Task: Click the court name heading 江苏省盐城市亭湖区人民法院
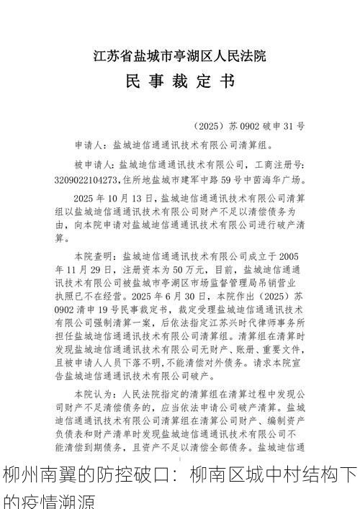[x=180, y=55]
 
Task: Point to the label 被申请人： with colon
[x=96, y=163]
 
